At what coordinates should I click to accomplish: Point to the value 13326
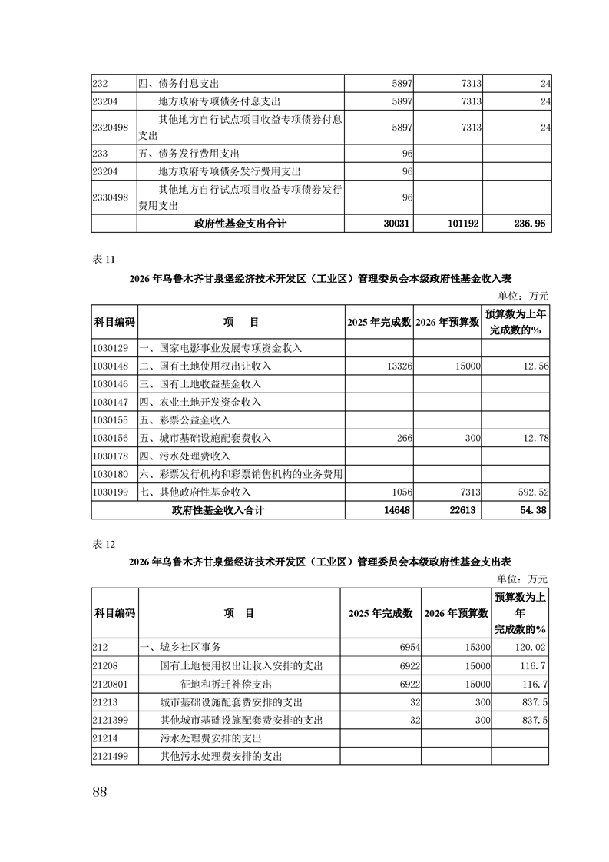click(x=399, y=366)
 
